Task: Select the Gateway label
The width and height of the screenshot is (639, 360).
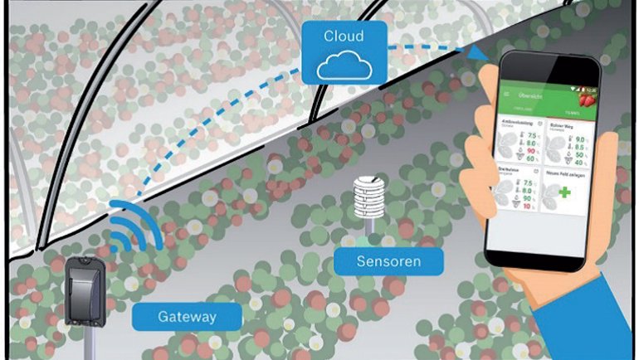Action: (x=187, y=316)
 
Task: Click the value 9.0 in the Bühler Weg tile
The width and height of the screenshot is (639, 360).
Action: (x=580, y=140)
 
